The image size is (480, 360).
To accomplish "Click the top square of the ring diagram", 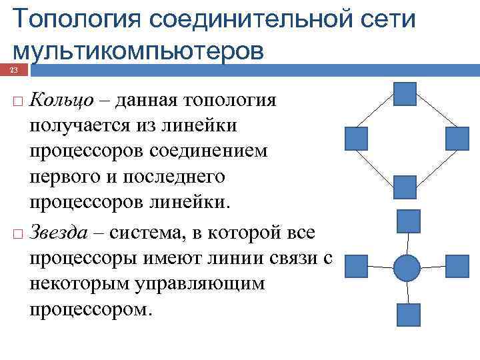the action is (x=405, y=94).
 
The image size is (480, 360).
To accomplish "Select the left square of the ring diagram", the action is (x=356, y=137).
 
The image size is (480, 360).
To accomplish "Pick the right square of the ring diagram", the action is (x=457, y=137).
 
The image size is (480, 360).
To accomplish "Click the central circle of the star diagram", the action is (x=407, y=267).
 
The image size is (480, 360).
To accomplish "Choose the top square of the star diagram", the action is (x=408, y=221).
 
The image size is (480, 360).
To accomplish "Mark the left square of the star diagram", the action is (x=357, y=267).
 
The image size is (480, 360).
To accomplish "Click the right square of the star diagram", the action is (x=457, y=267).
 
